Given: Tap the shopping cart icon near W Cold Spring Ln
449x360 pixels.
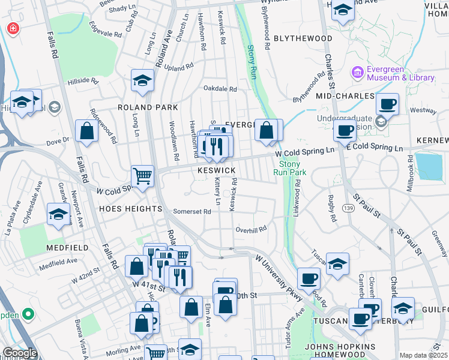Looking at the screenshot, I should pyautogui.click(x=143, y=176).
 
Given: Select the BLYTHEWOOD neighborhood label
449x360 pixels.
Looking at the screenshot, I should pyautogui.click(x=303, y=38).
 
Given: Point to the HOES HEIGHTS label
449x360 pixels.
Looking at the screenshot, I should pyautogui.click(x=131, y=209).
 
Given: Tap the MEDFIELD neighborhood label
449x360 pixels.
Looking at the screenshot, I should pyautogui.click(x=68, y=247).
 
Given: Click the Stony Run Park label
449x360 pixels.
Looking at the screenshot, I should pyautogui.click(x=290, y=168).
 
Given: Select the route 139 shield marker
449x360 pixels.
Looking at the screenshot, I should pyautogui.click(x=349, y=208).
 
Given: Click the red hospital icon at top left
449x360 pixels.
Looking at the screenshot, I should pyautogui.click(x=12, y=28).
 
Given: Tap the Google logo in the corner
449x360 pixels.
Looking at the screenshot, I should pyautogui.click(x=19, y=353).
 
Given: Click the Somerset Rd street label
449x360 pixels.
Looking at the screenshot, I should pyautogui.click(x=192, y=211).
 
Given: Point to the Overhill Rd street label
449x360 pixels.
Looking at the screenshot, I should pyautogui.click(x=250, y=229).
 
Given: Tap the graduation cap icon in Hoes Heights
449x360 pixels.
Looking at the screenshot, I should pyautogui.click(x=58, y=214).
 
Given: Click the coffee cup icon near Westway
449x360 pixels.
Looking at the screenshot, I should pyautogui.click(x=388, y=104).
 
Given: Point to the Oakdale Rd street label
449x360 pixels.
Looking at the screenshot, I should pyautogui.click(x=220, y=89).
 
